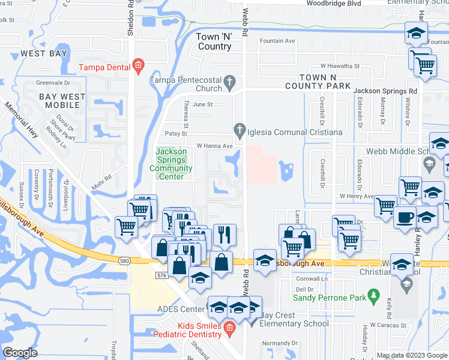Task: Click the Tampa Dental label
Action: click(106, 67)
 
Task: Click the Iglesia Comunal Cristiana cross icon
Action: click(239, 128)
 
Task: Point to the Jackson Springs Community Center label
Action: click(171, 164)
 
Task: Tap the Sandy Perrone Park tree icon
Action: click(375, 295)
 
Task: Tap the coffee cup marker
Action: click(405, 216)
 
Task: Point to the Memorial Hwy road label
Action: click(21, 120)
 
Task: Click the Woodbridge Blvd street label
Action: click(334, 3)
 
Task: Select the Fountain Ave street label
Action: click(278, 41)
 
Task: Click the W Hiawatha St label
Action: click(340, 66)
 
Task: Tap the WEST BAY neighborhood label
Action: click(43, 53)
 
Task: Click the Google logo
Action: click(20, 353)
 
